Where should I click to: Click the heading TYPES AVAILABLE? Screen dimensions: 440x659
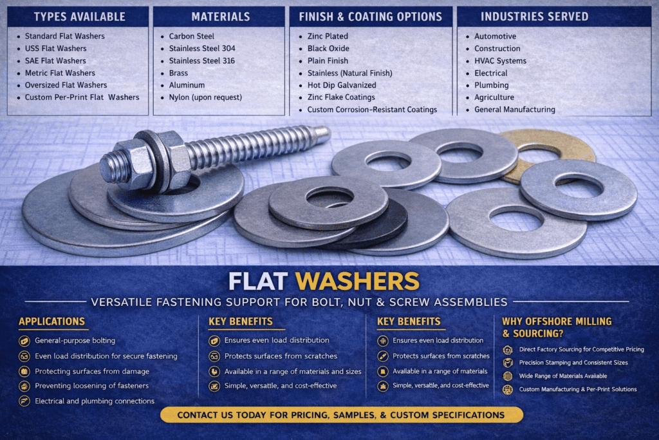[79, 17]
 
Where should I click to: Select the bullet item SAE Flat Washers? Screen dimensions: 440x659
[55, 61]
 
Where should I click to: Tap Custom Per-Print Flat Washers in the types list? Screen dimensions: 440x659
[82, 97]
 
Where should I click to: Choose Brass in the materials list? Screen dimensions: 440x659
[178, 73]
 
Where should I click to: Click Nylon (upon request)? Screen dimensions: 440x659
[205, 97]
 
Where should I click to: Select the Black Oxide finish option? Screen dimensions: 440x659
[328, 48]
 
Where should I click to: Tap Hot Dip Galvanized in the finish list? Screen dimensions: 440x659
[342, 85]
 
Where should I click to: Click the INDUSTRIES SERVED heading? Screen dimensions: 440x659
[535, 17]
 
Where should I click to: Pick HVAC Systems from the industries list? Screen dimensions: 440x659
[500, 61]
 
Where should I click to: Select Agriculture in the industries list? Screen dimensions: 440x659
[494, 97]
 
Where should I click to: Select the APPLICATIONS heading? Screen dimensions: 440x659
[51, 321]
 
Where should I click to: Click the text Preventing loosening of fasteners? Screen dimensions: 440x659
[91, 386]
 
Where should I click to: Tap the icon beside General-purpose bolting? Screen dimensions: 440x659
[24, 341]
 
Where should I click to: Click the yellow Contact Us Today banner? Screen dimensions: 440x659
[341, 415]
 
